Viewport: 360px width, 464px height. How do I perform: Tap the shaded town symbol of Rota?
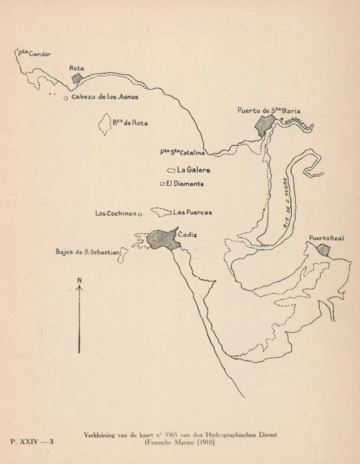click(78, 79)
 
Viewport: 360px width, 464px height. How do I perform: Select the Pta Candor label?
click(34, 54)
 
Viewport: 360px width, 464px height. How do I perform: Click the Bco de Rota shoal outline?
click(105, 124)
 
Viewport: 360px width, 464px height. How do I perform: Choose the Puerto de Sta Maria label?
click(268, 111)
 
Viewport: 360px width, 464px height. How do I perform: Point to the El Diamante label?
click(184, 183)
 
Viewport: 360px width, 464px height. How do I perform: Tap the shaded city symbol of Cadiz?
click(163, 239)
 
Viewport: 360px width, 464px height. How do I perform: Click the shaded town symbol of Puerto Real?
click(324, 249)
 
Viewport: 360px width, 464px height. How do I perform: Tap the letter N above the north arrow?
click(80, 280)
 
